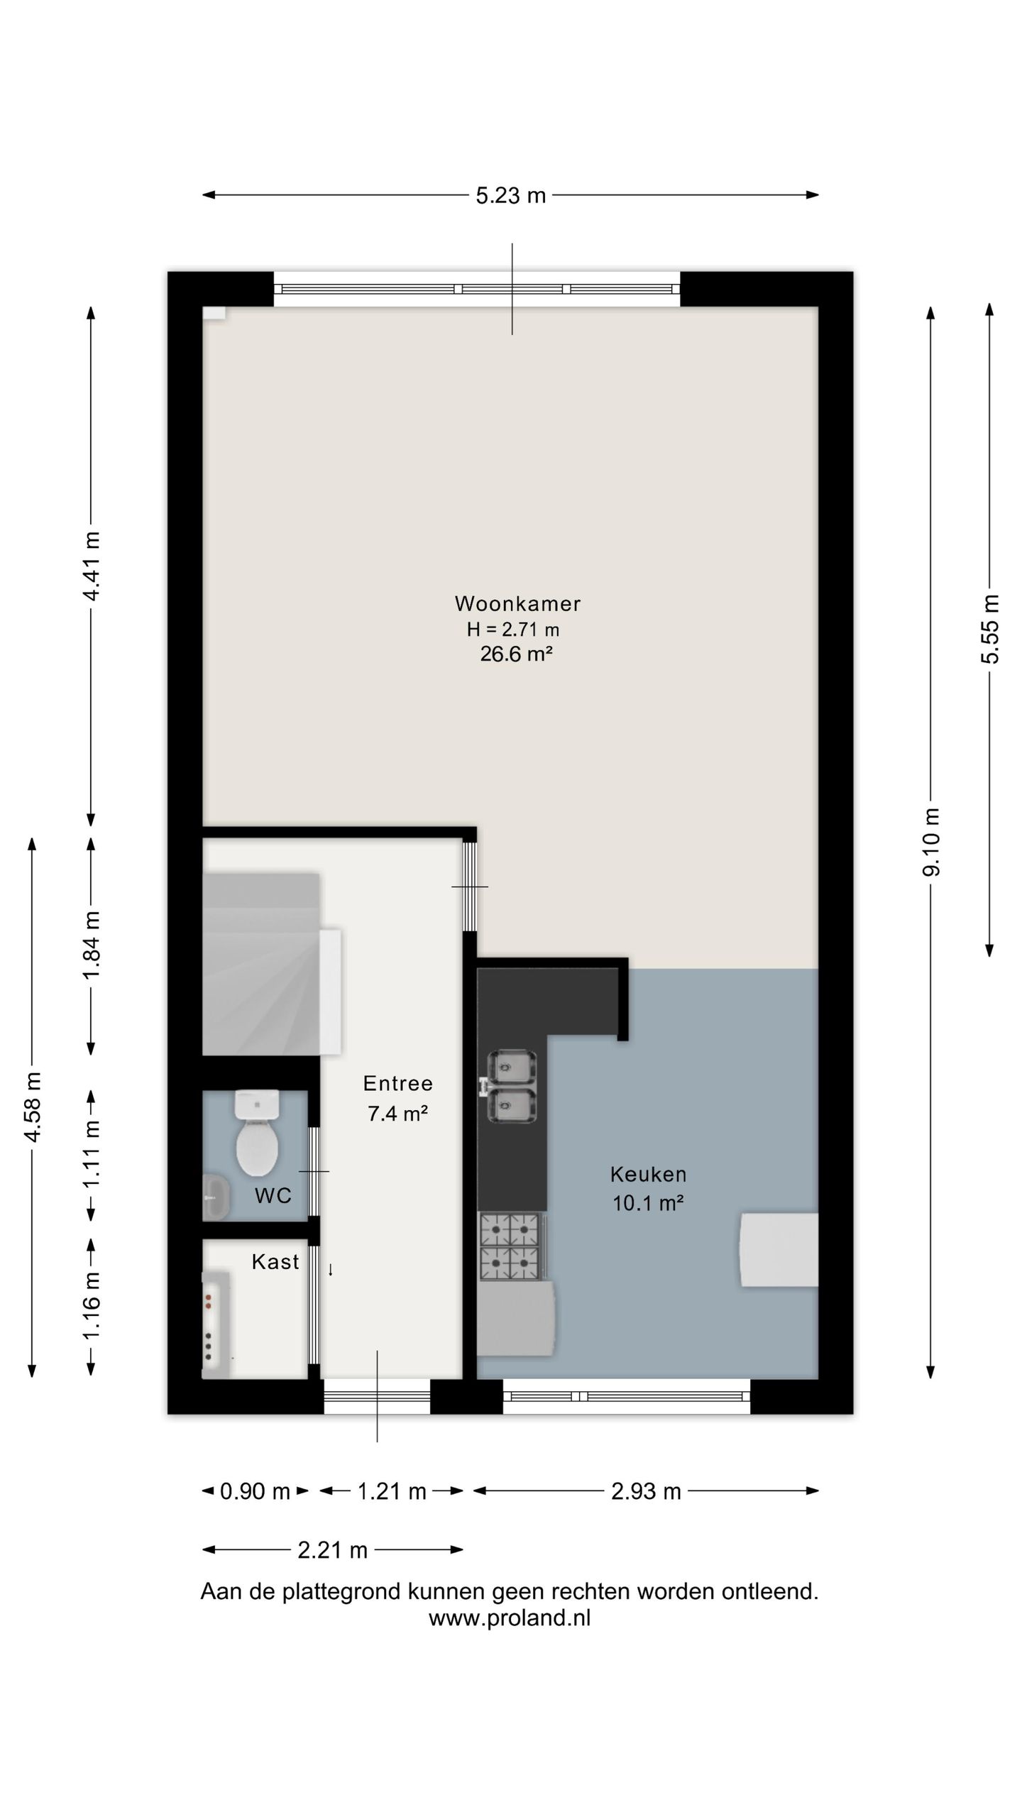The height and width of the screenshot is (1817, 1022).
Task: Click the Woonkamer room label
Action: (x=517, y=604)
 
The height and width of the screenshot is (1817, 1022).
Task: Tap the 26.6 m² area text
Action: (x=516, y=654)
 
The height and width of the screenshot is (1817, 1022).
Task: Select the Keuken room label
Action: (x=648, y=1175)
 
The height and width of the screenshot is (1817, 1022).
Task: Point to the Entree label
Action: (x=397, y=1083)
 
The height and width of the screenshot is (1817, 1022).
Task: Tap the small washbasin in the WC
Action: (x=216, y=1197)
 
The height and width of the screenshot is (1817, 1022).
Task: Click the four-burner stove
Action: (x=510, y=1246)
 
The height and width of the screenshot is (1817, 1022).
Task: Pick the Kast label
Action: (x=275, y=1262)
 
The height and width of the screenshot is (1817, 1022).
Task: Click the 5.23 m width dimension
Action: (x=510, y=195)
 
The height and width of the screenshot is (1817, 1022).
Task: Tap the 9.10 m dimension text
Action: (x=931, y=842)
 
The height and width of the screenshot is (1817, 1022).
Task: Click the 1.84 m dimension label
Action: (x=92, y=945)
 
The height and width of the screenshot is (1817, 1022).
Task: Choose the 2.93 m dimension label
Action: (x=646, y=1491)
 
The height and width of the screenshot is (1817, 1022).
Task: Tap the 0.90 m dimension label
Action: (x=255, y=1491)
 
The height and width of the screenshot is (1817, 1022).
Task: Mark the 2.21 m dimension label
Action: (x=332, y=1550)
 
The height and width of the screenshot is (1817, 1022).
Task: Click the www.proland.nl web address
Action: (x=510, y=1618)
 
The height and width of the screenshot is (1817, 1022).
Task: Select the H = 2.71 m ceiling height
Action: (x=512, y=629)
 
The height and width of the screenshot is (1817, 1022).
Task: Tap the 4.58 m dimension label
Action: (x=32, y=1107)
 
